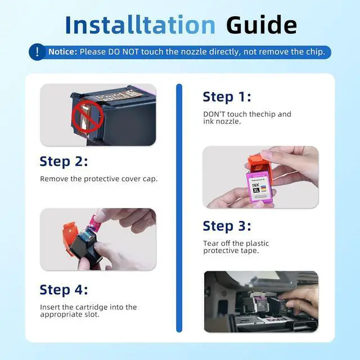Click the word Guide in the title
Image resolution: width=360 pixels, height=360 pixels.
point(262,24)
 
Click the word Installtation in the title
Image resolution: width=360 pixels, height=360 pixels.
point(140,24)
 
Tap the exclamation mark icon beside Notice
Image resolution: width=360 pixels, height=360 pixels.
point(37,52)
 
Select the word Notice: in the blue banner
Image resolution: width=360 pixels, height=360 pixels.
point(62,52)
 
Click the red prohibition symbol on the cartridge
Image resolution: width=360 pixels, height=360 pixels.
point(88,116)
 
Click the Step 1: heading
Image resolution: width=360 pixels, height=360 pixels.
point(227,97)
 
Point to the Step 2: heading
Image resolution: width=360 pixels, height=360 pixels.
point(64,161)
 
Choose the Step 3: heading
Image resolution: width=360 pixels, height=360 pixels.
point(227,226)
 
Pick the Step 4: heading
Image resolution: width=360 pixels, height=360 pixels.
point(64,290)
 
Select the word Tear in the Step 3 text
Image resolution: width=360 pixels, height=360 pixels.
point(210,243)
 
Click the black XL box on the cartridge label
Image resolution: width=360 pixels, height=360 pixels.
point(256,190)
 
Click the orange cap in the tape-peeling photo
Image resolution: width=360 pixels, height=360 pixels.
point(70,238)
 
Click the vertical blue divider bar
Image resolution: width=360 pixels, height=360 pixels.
point(179,208)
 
